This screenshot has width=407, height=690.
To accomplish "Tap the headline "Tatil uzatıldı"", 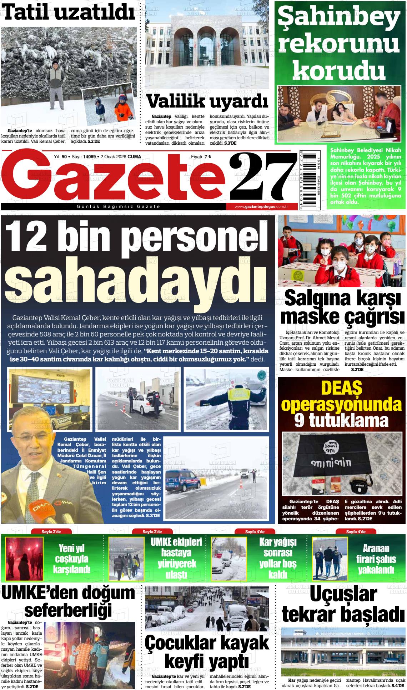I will coord(70,13).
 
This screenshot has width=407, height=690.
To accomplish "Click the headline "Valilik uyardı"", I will coord(207,102).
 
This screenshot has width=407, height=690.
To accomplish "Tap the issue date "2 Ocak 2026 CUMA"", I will coord(121,156).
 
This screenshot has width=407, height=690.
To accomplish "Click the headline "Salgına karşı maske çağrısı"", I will coord(342,307).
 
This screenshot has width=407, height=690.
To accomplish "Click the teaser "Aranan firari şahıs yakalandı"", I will coord(376,559).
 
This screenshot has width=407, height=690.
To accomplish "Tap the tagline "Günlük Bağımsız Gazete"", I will coord(118,207).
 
